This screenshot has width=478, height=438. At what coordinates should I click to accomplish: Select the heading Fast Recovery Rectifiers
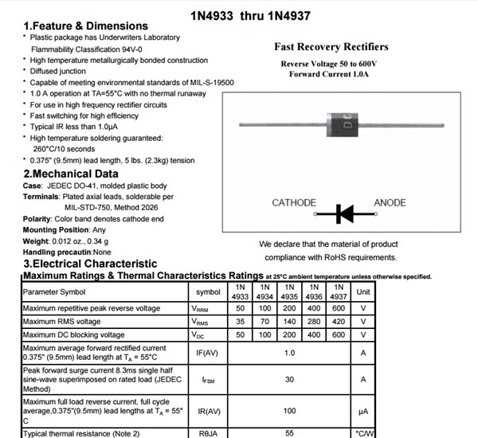(x=331, y=47)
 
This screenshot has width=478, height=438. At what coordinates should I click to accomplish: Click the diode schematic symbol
(x=344, y=213)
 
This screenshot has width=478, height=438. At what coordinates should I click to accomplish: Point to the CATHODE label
(x=294, y=203)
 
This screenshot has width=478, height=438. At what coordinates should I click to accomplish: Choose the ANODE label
(x=390, y=203)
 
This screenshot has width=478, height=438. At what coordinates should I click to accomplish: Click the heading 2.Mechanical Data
(x=71, y=174)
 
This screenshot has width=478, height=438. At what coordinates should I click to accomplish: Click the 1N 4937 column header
(x=339, y=291)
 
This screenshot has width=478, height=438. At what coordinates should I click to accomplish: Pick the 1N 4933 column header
(x=240, y=291)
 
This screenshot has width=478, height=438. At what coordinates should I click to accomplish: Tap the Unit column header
(x=363, y=291)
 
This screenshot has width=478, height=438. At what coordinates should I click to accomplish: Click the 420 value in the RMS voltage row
(x=339, y=322)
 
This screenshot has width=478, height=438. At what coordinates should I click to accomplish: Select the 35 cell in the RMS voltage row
(x=240, y=322)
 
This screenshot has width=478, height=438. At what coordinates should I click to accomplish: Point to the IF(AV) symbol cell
(x=208, y=352)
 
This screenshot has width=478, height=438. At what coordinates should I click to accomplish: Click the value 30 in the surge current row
(x=289, y=380)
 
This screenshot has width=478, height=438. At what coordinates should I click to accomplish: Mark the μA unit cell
(x=363, y=412)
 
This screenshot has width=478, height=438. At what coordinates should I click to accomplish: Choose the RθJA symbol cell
(x=208, y=433)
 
